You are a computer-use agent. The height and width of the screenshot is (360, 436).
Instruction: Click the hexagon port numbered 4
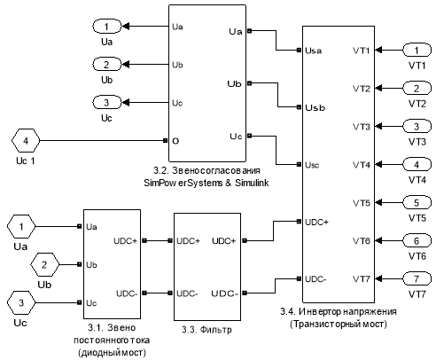tap(26, 141)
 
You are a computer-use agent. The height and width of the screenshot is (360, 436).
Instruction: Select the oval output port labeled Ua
tap(107, 27)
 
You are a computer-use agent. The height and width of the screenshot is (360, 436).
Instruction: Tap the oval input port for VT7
tap(417, 279)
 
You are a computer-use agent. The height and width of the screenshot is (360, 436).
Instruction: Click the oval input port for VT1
tap(417, 51)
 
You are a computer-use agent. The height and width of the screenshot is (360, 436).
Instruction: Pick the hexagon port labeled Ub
tap(44, 264)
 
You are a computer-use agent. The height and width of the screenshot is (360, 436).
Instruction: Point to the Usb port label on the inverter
tap(315, 107)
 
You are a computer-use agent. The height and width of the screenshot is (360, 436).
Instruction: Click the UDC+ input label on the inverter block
tap(316, 222)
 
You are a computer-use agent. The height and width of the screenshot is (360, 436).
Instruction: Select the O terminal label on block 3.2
tap(175, 141)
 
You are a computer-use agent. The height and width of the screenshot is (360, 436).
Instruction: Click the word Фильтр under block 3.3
tap(215, 330)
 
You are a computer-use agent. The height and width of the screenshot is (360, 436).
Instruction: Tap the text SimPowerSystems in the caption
tap(183, 183)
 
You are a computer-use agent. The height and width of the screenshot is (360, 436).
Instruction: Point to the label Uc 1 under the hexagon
tap(26, 161)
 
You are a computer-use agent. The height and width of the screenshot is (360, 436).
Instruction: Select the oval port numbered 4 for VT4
tap(417, 165)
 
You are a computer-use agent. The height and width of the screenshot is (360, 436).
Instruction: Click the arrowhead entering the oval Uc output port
tap(126, 103)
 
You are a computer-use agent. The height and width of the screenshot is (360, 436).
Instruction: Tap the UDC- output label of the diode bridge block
tap(127, 293)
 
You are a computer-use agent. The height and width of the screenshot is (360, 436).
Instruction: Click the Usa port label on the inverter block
tap(313, 51)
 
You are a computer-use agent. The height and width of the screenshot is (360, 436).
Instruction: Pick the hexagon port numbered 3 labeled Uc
tap(21, 302)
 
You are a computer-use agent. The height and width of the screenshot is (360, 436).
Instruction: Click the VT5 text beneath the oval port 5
tap(417, 218)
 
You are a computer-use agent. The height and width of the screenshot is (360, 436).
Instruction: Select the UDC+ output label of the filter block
tap(224, 241)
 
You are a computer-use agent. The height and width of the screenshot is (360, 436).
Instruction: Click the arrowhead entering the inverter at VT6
tap(378, 241)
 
